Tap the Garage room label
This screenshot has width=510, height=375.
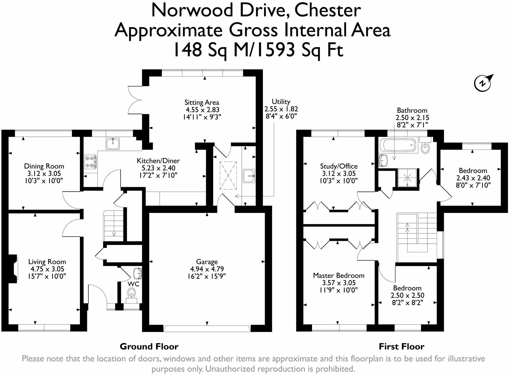pyautogui.click(x=207, y=262)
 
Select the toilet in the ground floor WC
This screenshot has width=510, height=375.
pyautogui.click(x=131, y=293)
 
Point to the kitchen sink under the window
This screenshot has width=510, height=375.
pyautogui.click(x=113, y=144)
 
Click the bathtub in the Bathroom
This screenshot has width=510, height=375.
pyautogui.click(x=398, y=146)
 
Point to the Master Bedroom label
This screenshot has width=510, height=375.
pyautogui.click(x=339, y=276)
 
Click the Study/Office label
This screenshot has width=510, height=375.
pyautogui.click(x=339, y=166)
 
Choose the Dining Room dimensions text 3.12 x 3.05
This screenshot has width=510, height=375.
pyautogui.click(x=44, y=173)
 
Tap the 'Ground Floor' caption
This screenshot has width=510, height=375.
pyautogui.click(x=149, y=347)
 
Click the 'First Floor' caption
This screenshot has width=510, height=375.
pyautogui.click(x=401, y=347)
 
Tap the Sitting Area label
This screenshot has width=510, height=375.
pyautogui.click(x=202, y=102)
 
